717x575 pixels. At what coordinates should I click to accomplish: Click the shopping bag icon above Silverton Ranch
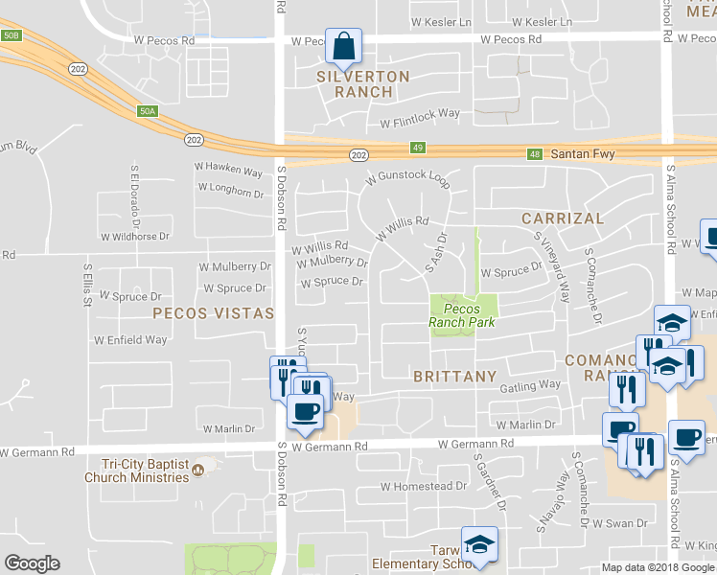(343, 44)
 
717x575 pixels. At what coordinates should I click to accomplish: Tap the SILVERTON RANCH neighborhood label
(363, 84)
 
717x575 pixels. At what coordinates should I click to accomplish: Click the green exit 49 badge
(417, 148)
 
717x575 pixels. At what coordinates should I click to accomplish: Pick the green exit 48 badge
(535, 153)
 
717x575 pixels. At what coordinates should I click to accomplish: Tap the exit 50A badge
(147, 111)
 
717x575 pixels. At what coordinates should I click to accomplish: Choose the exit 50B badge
(11, 35)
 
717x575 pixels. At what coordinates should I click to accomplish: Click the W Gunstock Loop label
(407, 179)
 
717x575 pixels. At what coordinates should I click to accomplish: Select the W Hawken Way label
(228, 171)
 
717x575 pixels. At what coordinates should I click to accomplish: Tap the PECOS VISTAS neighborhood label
(213, 313)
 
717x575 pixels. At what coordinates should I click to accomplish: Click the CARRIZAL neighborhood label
(563, 218)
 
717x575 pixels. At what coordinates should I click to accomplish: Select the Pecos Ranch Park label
(461, 315)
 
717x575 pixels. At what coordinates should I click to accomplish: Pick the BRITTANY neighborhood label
(455, 377)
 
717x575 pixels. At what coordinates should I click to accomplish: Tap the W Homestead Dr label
(423, 486)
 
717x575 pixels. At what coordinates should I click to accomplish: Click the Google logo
(33, 563)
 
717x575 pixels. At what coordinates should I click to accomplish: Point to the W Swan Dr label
(619, 523)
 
